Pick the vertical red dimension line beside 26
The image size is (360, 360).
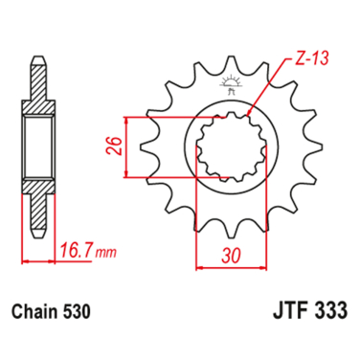click(x=127, y=146)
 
